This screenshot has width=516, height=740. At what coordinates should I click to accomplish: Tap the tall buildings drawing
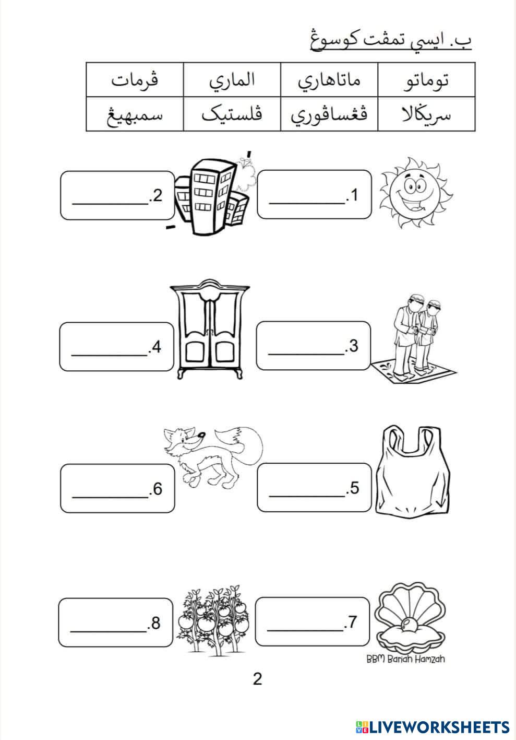point(214,195)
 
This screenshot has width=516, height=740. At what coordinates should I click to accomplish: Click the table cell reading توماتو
point(426,79)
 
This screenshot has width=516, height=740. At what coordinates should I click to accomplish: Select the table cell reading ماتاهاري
point(329,79)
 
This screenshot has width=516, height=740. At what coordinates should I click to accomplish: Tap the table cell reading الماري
point(232,79)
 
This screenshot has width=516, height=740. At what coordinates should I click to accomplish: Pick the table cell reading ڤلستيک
point(232,114)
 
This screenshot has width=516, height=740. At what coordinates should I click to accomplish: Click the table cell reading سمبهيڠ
point(135,114)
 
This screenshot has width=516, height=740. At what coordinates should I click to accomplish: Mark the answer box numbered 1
point(314,194)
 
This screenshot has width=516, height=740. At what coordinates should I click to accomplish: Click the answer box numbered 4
point(116,347)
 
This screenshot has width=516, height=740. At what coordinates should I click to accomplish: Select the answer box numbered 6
point(117,488)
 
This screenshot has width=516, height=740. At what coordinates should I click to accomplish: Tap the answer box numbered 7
point(313,621)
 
